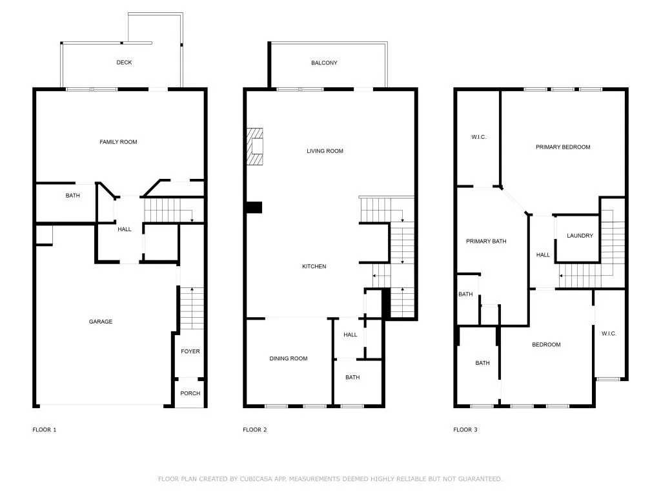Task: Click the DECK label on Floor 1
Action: pos(124,63)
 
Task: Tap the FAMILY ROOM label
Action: pos(118,142)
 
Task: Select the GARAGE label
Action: pos(101,322)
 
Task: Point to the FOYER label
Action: pos(190,352)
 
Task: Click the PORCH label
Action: pos(190,393)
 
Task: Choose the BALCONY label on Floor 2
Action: pos(324,63)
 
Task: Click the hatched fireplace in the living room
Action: pos(256,147)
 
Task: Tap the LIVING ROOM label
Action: pos(325,151)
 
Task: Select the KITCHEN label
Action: pos(315,267)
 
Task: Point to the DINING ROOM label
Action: pos(289,358)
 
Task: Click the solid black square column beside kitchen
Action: pos(254,207)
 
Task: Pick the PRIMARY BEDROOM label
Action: pos(563,147)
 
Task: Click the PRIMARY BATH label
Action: pos(486,242)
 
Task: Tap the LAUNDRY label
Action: pos(580,236)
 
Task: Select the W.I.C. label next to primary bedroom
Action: pos(478,137)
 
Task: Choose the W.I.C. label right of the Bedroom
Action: pos(609,334)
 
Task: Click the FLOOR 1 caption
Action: pos(45,429)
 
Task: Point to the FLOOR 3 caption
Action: pos(465,429)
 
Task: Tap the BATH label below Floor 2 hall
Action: pos(352,378)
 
